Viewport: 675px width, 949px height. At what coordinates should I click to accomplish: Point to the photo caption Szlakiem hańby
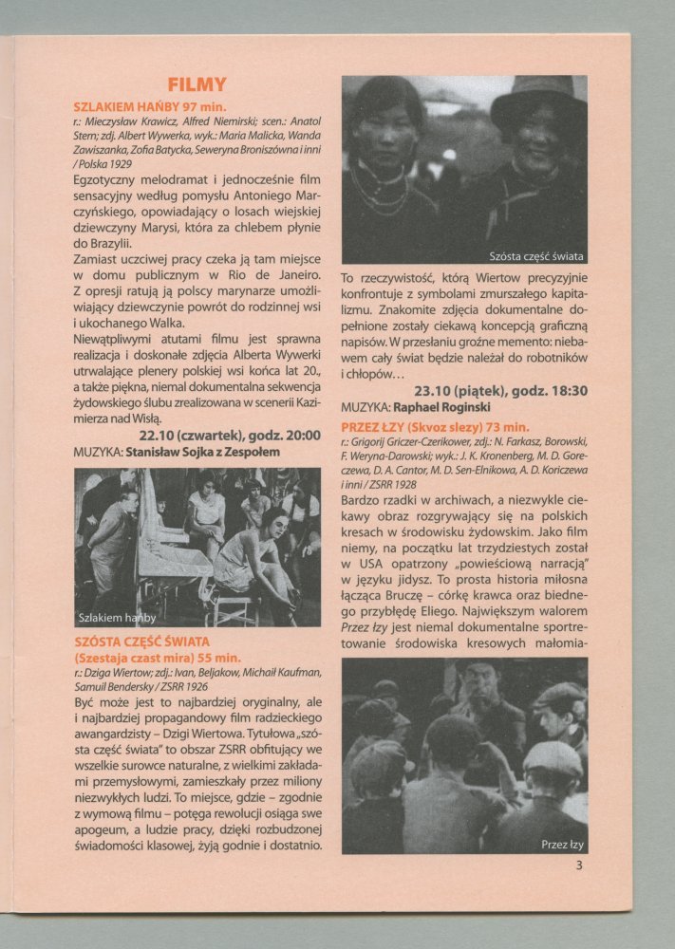tap(118, 617)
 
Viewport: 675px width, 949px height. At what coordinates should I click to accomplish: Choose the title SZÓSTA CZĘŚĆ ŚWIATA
tap(143, 642)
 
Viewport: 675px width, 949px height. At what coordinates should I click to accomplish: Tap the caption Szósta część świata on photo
tap(535, 256)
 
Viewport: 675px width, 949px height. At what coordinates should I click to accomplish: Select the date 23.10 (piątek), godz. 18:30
tap(500, 390)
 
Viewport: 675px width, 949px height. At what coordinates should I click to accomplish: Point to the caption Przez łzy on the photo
tap(562, 843)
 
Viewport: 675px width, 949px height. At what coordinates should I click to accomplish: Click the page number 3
tap(578, 865)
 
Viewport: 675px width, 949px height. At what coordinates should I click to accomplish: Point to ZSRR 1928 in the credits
tap(417, 484)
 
